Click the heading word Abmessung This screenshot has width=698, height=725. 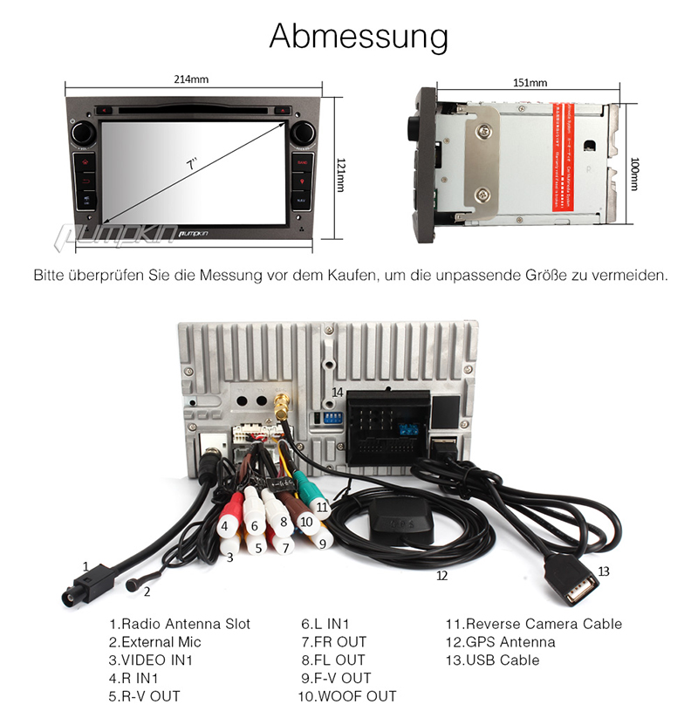point(359,37)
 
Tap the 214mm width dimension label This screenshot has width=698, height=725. point(191,79)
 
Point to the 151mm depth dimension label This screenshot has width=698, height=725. point(530,83)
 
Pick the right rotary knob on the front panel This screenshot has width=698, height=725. point(303,133)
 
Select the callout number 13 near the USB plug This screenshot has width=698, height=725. point(604,571)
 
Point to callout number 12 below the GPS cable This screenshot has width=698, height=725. point(441,575)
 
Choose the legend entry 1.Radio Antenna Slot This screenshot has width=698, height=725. point(180,624)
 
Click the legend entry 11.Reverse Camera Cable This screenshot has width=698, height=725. point(534,624)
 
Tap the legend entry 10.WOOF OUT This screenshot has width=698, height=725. point(346,696)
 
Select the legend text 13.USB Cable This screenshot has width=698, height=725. point(492,660)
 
